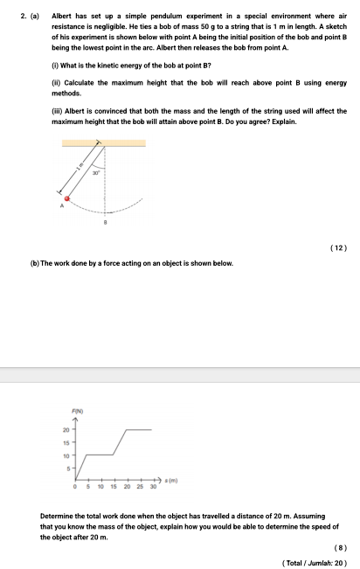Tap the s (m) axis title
pyautogui.click(x=172, y=480)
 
